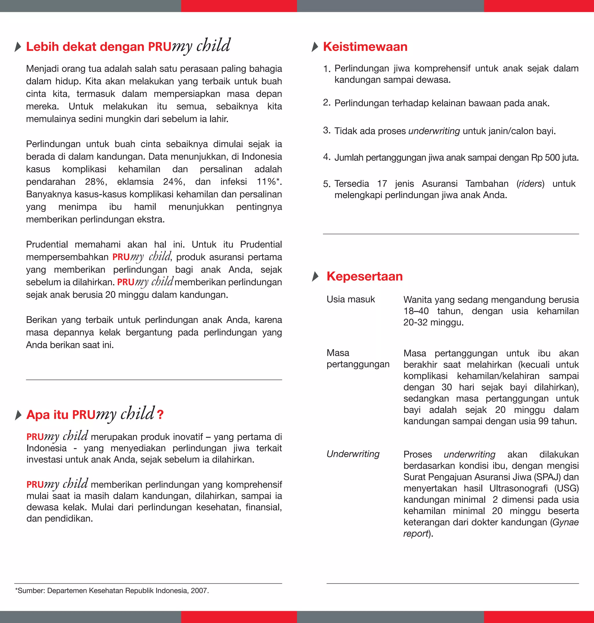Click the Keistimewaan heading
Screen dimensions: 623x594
pyautogui.click(x=365, y=47)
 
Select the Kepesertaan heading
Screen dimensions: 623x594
pyautogui.click(x=365, y=276)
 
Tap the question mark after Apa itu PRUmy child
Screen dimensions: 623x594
pyautogui.click(x=160, y=415)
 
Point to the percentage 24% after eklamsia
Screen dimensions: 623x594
pyautogui.click(x=173, y=182)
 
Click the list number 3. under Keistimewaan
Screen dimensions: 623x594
pyautogui.click(x=327, y=130)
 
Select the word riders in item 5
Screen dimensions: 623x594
pyautogui.click(x=530, y=184)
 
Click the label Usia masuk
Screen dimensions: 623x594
pyautogui.click(x=350, y=299)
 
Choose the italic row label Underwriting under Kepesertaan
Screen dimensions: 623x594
pyautogui.click(x=353, y=454)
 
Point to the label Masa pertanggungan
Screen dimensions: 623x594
pyautogui.click(x=358, y=359)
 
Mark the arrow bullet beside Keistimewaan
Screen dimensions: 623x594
pyautogui.click(x=315, y=47)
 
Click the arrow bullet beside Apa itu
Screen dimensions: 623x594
pyautogui.click(x=18, y=415)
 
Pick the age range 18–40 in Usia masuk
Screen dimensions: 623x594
pyautogui.click(x=416, y=311)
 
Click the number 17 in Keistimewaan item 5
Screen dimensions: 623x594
pyautogui.click(x=382, y=184)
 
